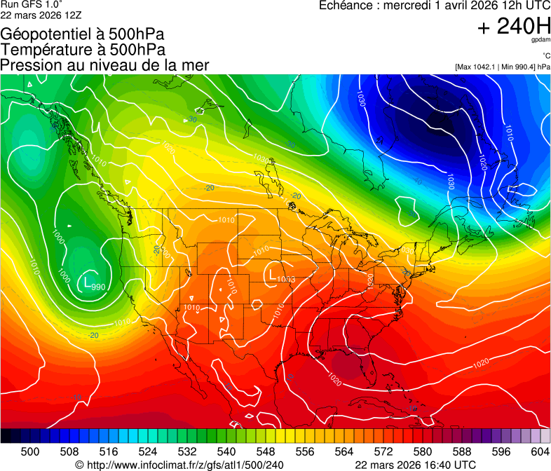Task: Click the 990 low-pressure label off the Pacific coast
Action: (x=99, y=287)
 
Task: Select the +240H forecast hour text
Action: (x=513, y=27)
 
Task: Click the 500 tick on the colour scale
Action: (x=30, y=451)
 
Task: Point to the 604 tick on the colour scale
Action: (x=540, y=451)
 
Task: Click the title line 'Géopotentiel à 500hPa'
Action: (x=83, y=34)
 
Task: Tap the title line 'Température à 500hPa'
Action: (x=83, y=50)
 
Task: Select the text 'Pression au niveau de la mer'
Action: (x=104, y=65)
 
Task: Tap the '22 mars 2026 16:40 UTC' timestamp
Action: (x=416, y=464)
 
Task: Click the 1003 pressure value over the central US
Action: (x=285, y=280)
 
